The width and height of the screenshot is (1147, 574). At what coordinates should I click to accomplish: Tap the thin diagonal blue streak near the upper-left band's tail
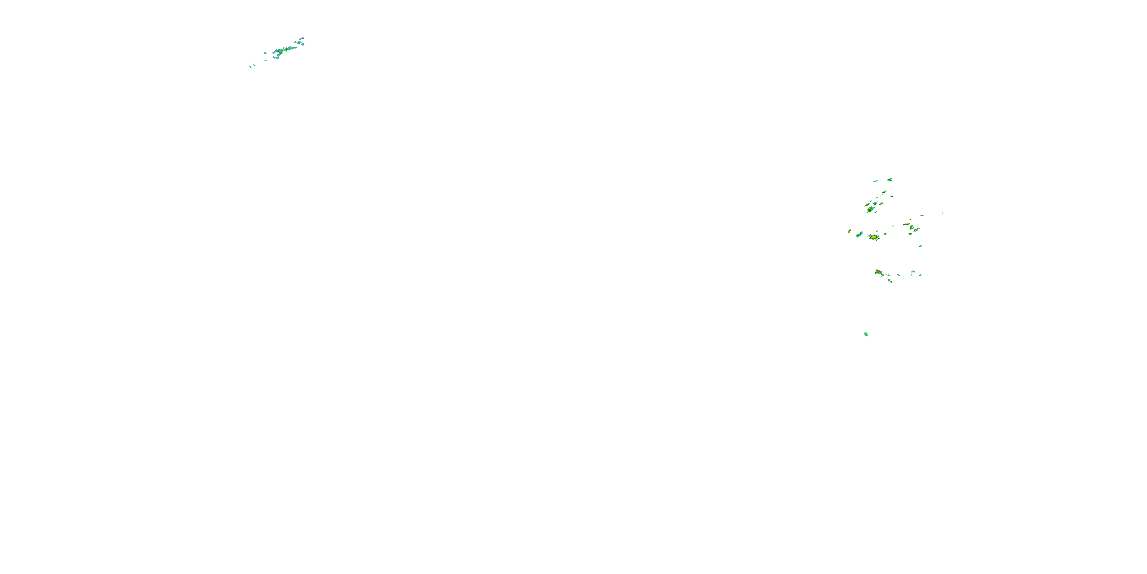(254, 65)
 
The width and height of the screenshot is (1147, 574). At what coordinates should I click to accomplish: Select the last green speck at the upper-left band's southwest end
(250, 67)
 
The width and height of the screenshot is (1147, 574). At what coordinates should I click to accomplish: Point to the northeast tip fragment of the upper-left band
(302, 38)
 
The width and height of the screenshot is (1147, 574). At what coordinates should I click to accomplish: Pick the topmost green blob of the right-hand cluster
(890, 179)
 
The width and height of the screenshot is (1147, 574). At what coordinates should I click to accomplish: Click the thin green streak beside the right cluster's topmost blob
(877, 181)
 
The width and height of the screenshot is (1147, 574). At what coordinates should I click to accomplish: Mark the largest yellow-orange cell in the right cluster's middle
(874, 237)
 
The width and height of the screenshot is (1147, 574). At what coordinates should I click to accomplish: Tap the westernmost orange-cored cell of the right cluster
(849, 231)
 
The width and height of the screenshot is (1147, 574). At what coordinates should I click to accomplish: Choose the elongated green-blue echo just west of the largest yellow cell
(859, 235)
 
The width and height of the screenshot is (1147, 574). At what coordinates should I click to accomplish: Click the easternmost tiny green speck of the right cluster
(942, 213)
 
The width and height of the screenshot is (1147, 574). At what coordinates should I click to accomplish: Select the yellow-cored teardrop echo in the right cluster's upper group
(869, 209)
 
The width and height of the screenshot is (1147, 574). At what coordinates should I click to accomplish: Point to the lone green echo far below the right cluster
(866, 334)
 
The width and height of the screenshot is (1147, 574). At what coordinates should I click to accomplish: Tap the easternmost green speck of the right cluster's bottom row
(920, 275)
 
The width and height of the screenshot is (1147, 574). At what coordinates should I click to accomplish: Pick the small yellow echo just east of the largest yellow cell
(885, 234)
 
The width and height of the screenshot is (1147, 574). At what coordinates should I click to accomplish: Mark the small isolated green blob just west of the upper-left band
(265, 52)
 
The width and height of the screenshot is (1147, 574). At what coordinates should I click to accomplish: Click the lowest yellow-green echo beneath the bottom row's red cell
(890, 281)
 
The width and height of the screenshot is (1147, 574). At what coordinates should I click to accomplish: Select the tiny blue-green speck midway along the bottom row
(898, 274)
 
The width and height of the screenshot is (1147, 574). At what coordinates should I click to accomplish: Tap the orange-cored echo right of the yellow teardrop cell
(881, 204)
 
